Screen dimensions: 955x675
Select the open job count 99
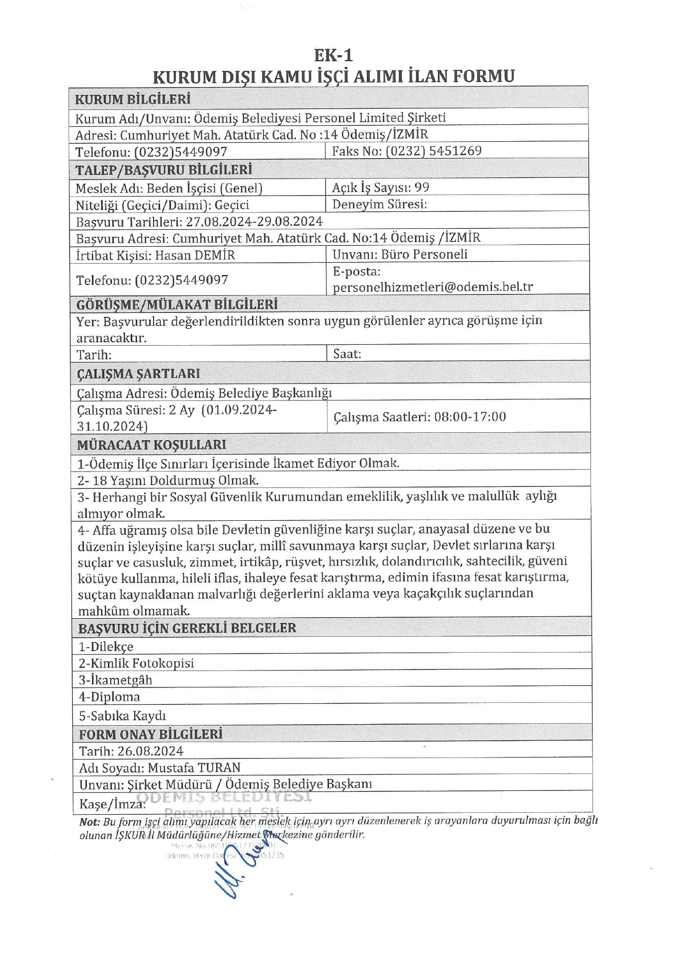[x=422, y=188]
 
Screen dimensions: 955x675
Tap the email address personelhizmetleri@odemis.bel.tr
[x=432, y=287]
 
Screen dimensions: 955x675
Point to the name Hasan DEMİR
[x=195, y=255]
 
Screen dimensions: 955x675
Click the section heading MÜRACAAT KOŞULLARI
[x=152, y=445]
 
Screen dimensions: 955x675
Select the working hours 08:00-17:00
[x=470, y=417]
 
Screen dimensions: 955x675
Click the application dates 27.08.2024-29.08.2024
[x=254, y=221]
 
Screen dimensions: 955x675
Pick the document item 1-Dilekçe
[x=106, y=647]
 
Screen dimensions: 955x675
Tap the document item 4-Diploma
[x=109, y=697]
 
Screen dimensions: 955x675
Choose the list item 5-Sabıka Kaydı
[x=122, y=716]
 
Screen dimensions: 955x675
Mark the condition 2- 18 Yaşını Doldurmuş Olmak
[x=168, y=480]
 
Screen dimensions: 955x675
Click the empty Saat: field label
[x=347, y=354]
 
